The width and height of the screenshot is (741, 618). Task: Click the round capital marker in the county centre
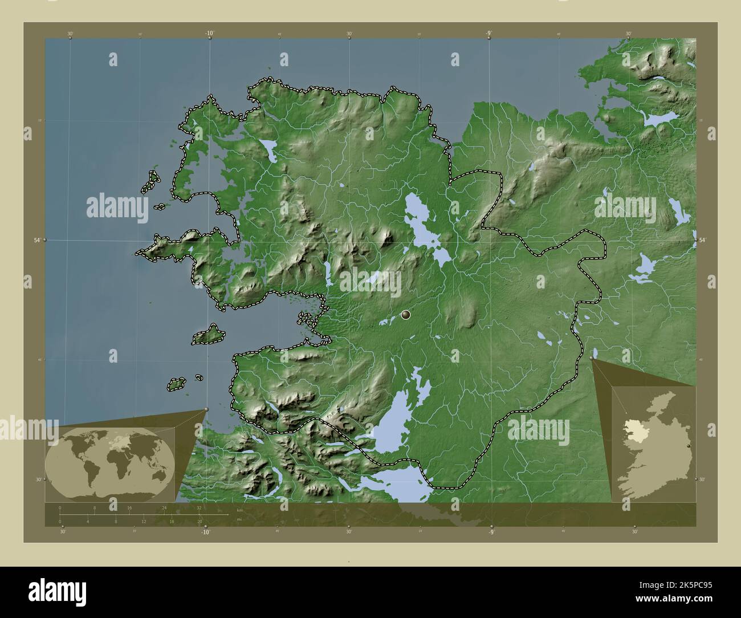406,314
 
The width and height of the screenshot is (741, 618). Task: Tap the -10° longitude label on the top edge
209,34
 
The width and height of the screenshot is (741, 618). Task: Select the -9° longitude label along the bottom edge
491,532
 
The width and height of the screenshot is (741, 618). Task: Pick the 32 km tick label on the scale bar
199,507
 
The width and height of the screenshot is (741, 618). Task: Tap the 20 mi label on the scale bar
199,522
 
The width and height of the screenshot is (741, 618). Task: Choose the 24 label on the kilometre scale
164,507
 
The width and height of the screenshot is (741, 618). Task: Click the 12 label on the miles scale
143,522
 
